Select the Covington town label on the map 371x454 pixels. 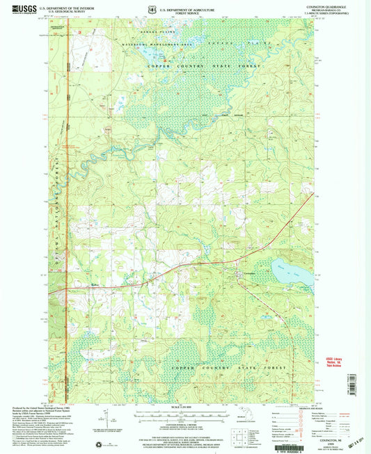click(x=250, y=274)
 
